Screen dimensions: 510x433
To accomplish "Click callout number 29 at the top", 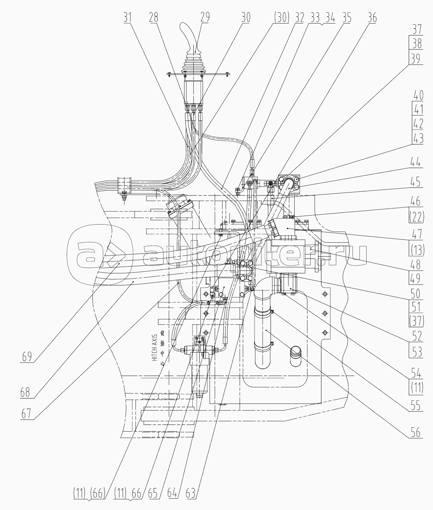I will (x=205, y=17).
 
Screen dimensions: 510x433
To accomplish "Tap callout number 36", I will (x=372, y=17).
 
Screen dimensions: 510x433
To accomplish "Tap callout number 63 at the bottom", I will (x=191, y=494).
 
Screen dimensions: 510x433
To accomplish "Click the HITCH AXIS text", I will (x=154, y=348).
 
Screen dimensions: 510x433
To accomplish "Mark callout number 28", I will (x=154, y=17).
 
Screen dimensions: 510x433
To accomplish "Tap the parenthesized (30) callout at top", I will (x=281, y=17).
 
